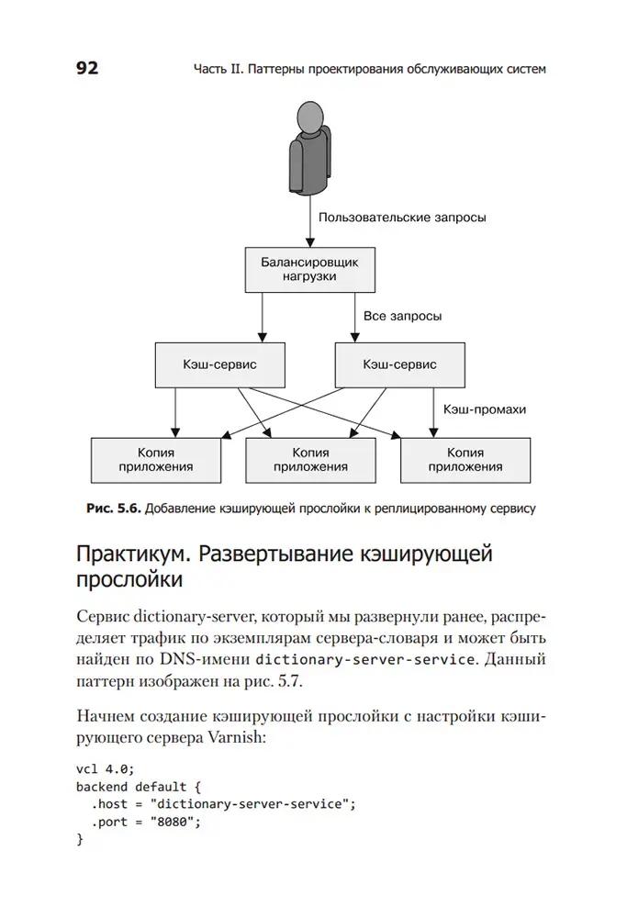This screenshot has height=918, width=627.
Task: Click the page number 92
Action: [x=87, y=68]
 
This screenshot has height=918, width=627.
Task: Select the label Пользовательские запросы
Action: [x=401, y=218]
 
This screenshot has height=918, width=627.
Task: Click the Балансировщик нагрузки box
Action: [x=310, y=269]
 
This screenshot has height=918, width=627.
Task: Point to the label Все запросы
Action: [x=402, y=316]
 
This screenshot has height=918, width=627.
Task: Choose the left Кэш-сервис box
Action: [x=219, y=364]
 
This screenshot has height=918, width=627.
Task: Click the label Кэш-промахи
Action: [x=485, y=409]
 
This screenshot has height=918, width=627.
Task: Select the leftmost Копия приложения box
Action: [x=156, y=459]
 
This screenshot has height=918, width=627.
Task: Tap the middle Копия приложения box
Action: [x=310, y=459]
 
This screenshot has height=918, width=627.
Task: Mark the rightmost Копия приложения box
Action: [x=465, y=459]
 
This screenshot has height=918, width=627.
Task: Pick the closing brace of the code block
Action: [x=80, y=839]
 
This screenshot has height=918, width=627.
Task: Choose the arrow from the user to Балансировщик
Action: [x=310, y=220]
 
